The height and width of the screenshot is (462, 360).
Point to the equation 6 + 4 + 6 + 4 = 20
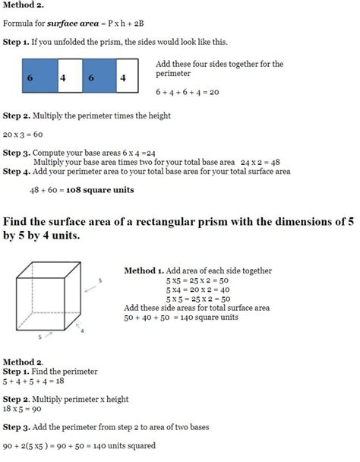click(x=187, y=91)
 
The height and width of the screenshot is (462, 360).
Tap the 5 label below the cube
click(x=39, y=335)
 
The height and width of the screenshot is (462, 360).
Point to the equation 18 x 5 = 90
click(x=24, y=409)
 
